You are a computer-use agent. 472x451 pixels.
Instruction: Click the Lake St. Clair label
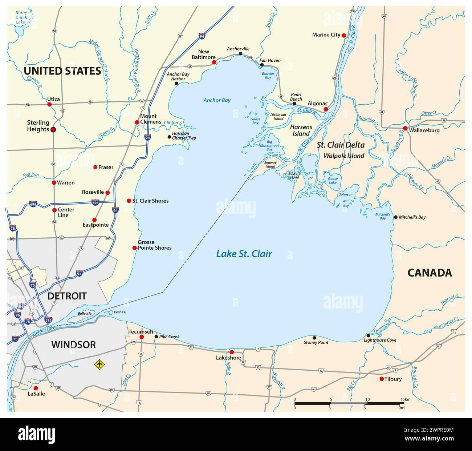pos(244,254)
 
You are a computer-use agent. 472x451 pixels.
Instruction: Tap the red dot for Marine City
pos(343,35)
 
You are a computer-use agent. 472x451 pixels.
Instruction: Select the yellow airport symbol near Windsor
pos(98,364)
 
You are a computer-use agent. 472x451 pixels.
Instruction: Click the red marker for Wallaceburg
pos(405,128)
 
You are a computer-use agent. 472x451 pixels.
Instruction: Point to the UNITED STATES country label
pos(62,71)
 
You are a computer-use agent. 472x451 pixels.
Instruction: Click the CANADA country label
pos(430,273)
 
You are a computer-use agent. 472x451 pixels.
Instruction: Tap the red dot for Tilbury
pos(381,379)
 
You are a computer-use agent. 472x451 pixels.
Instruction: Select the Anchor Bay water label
pos(217,100)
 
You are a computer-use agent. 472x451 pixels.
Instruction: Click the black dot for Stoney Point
pos(314,338)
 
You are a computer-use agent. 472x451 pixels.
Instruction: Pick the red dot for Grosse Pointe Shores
pos(134,248)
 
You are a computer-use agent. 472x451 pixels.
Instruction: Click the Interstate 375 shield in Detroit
pos(48,320)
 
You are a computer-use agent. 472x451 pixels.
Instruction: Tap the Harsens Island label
pos(301,130)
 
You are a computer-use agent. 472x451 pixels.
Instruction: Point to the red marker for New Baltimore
pos(214,63)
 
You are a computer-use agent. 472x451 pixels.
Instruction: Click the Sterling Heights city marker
pos(53,129)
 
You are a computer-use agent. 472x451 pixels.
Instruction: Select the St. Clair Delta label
pos(341,145)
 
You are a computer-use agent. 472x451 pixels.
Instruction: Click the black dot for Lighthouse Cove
pos(368,335)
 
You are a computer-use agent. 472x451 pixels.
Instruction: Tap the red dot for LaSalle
pos(36,388)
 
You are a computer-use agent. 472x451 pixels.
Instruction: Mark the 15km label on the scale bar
pos(405,399)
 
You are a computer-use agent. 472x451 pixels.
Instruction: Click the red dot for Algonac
pos(326,109)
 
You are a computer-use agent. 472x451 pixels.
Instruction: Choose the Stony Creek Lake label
pos(21,17)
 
